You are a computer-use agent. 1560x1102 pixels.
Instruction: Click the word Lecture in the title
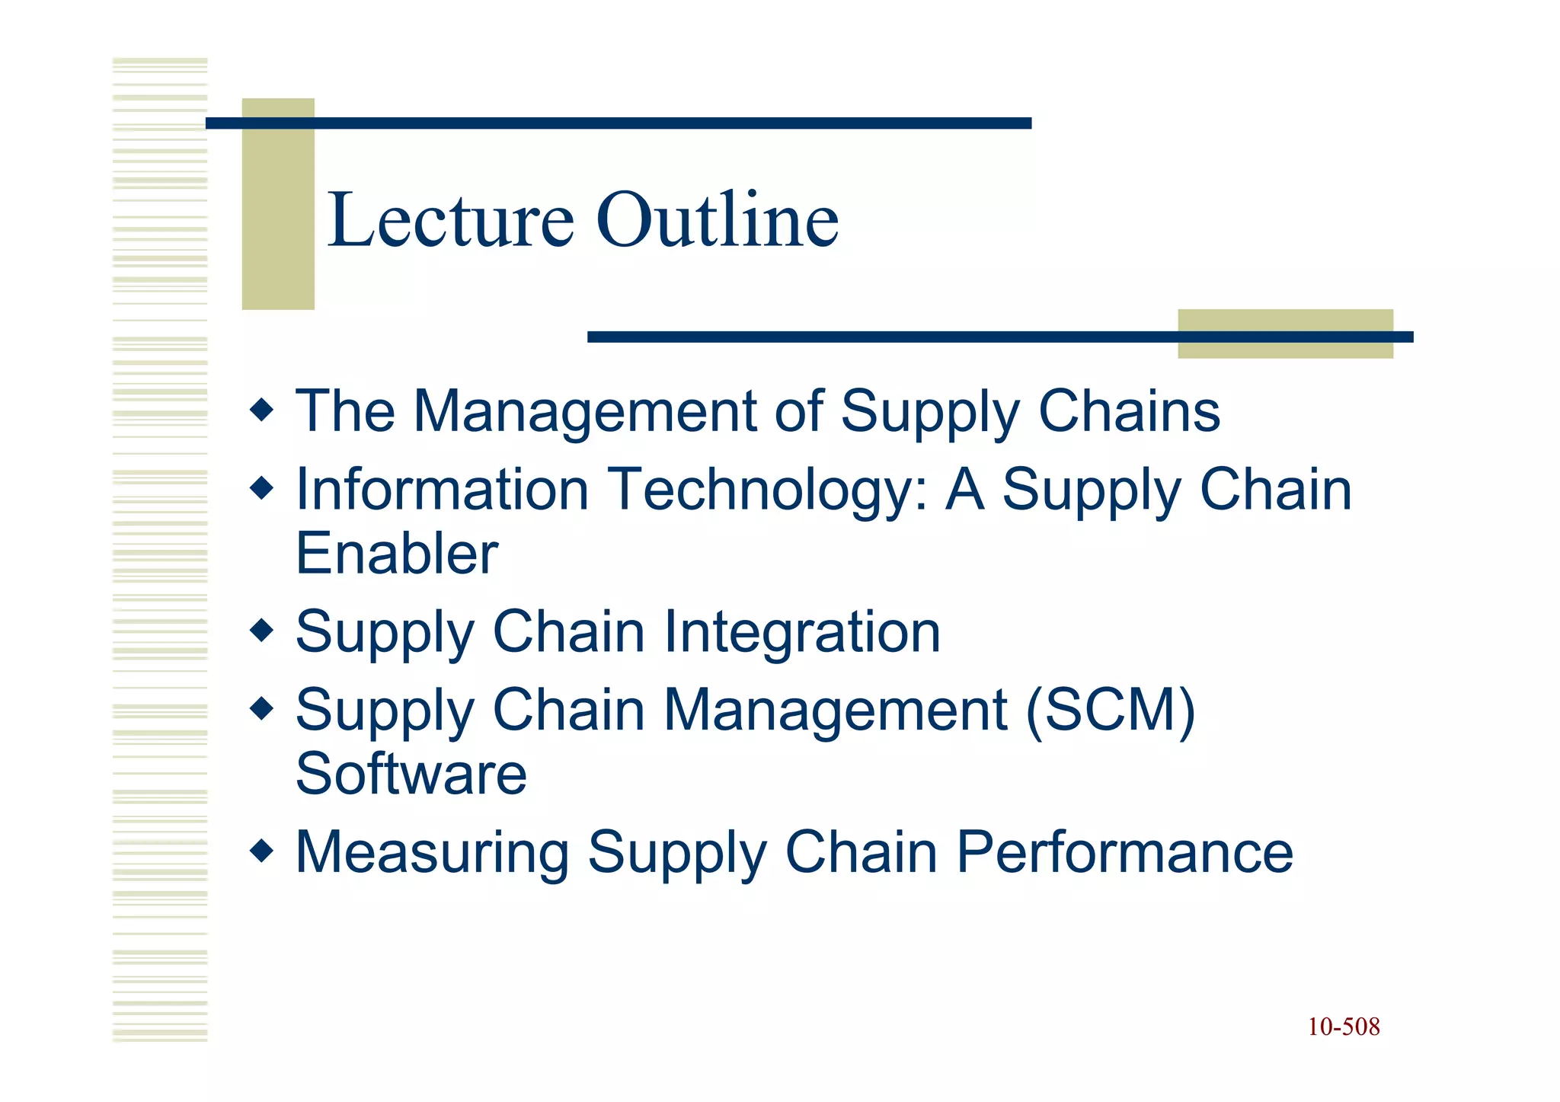[x=450, y=221]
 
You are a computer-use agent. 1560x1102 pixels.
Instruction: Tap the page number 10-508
[x=1344, y=1027]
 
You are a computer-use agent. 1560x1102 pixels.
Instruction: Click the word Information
[x=443, y=490]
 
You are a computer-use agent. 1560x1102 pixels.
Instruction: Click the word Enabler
[x=397, y=554]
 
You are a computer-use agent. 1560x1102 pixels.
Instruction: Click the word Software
[x=411, y=774]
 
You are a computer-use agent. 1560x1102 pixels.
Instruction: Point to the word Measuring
[x=432, y=853]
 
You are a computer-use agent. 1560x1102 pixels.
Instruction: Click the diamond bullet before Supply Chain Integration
[x=261, y=630]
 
